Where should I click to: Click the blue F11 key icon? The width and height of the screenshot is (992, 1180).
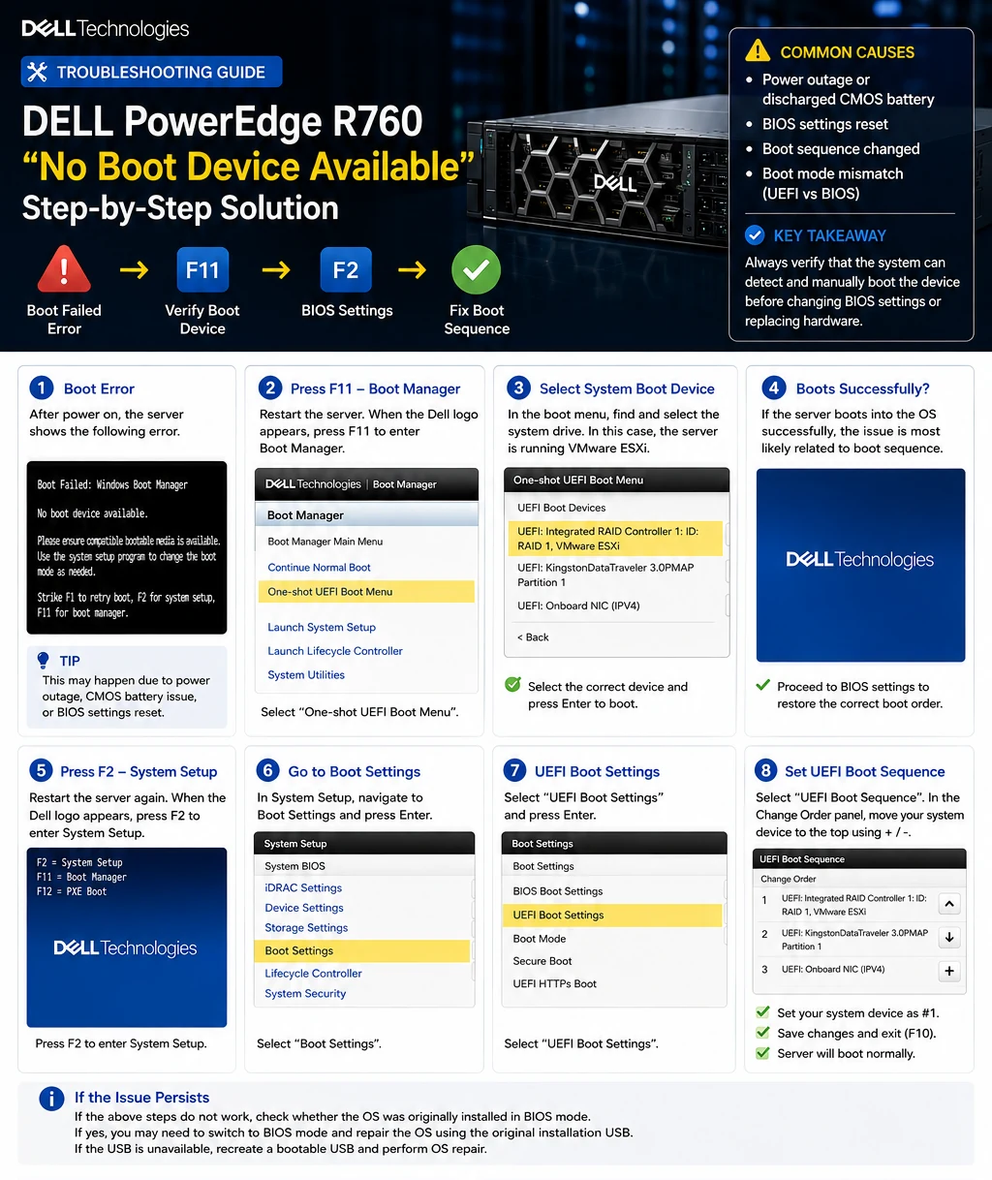pos(202,269)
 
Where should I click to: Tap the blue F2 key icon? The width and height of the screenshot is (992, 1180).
pos(346,269)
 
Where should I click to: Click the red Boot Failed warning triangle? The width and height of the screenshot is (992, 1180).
pos(64,269)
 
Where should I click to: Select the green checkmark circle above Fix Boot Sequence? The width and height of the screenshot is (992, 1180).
pos(476,269)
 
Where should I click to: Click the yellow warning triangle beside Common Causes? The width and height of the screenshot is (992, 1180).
pos(758,50)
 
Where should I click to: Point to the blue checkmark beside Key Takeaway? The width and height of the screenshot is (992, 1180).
pos(755,234)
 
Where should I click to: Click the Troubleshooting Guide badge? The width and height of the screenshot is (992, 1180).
pos(151,72)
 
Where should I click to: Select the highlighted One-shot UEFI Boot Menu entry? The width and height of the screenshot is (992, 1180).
pos(366,592)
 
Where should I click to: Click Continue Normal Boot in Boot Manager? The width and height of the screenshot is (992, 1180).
pos(319,568)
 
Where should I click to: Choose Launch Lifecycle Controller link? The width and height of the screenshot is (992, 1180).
pos(334,651)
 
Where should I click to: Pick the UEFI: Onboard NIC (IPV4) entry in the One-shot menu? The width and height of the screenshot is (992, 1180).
pos(578,606)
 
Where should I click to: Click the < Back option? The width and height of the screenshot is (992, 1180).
pos(533,637)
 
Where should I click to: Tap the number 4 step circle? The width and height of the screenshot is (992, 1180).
pos(774,388)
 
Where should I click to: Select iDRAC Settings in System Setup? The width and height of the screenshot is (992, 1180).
pos(303,887)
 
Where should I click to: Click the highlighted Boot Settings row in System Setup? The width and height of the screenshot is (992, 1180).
pos(361,951)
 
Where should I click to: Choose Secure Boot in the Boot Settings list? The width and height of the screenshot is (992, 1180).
pos(542,961)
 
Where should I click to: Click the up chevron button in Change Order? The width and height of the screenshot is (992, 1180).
pos(949,904)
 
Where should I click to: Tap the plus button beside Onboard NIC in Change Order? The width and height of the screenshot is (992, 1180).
pos(949,971)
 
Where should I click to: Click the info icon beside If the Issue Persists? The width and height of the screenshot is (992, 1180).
pos(51,1098)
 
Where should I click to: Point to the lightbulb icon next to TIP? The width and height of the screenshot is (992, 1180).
pos(43,660)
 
